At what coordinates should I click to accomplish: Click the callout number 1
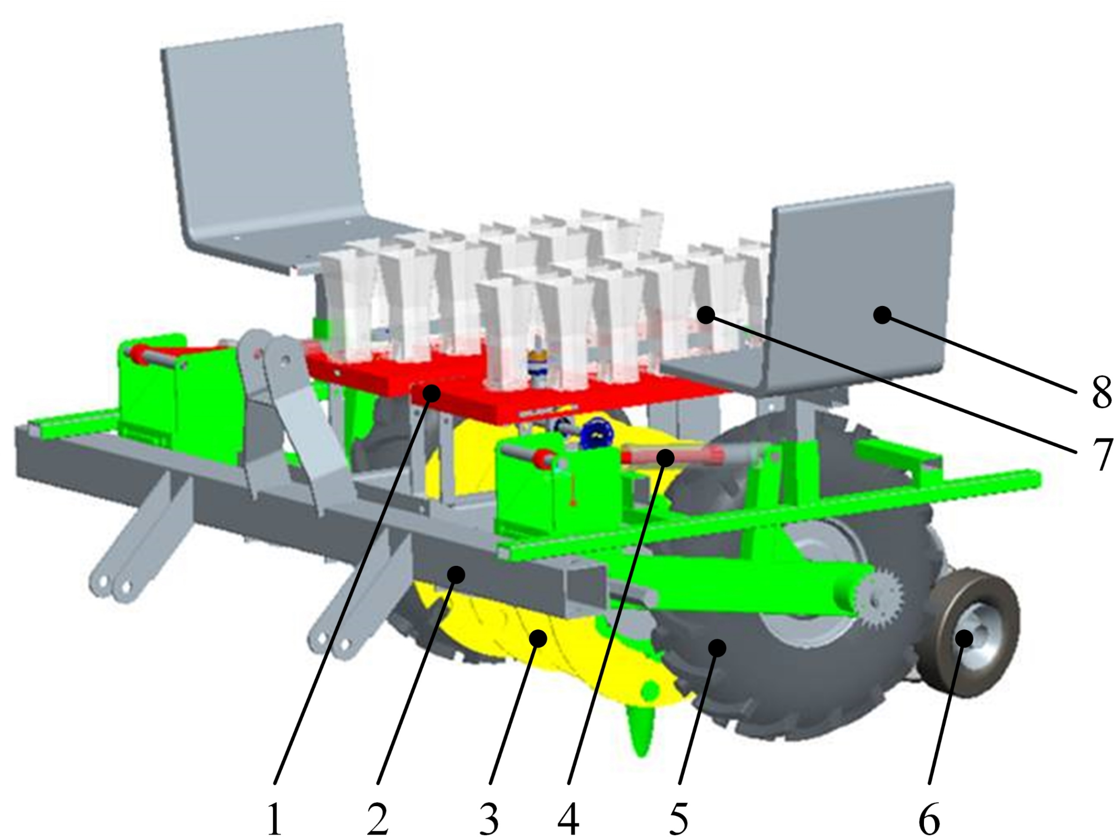(274, 818)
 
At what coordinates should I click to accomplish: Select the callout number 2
(377, 818)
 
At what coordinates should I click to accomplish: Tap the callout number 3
(489, 818)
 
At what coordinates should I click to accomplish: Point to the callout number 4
(569, 818)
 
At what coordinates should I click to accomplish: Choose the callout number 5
(679, 818)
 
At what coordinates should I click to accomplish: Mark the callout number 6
(929, 818)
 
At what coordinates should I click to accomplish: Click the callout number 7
(1101, 453)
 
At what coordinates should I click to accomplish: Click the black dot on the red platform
(431, 393)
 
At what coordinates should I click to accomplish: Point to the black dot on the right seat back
(882, 315)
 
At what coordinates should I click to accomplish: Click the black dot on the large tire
(718, 647)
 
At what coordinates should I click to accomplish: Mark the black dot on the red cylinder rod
(665, 457)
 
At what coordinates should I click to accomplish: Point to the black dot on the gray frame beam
(457, 574)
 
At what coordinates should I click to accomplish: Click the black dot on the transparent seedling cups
(705, 315)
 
